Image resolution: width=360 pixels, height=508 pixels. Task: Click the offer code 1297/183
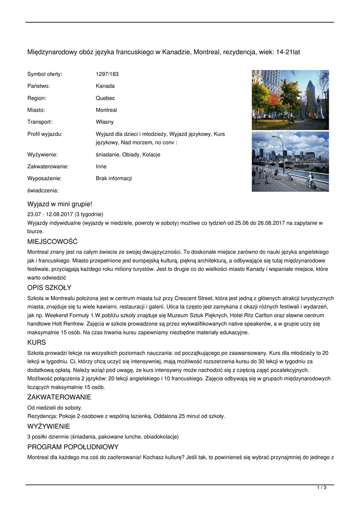pos(107,74)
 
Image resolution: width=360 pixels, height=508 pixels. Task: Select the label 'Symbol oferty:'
pos(45,74)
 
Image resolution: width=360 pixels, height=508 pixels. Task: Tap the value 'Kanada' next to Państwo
pos(105,86)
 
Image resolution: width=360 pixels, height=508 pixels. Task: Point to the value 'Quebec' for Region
pos(105,98)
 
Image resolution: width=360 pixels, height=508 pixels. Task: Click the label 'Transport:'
pos(40,122)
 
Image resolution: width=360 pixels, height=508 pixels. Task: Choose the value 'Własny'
pos(105,122)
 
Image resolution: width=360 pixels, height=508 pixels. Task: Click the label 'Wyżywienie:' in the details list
pos(44,155)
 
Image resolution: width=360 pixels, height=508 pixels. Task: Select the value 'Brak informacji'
pos(114,179)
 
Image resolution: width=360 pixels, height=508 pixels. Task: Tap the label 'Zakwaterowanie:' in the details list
pos(48,167)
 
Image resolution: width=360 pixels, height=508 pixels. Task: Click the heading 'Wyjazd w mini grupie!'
pos(60,204)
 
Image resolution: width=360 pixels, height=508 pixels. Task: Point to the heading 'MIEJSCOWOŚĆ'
pos(53,242)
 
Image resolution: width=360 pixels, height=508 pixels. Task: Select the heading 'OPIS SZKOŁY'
pos(49,288)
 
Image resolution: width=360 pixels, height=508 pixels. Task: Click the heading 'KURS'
pos(36,342)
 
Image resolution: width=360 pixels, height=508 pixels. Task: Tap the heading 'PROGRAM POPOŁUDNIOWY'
pos(73,447)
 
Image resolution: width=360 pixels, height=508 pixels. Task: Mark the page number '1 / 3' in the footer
pos(322,488)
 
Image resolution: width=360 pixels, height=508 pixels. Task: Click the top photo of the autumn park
pos(290,100)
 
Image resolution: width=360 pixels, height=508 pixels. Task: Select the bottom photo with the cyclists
pos(290,161)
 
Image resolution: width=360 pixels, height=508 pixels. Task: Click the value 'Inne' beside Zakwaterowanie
pos(101,167)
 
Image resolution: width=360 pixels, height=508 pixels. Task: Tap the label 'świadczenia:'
pos(43,190)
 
